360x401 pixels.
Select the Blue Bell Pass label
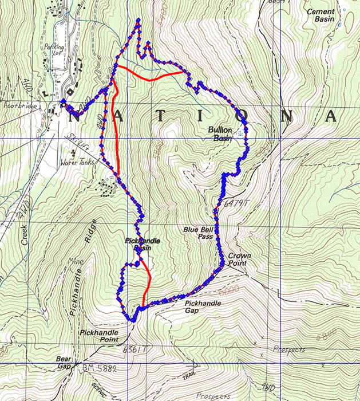(x=198, y=233)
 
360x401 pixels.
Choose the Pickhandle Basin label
(x=142, y=245)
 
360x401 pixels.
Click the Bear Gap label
(x=63, y=363)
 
